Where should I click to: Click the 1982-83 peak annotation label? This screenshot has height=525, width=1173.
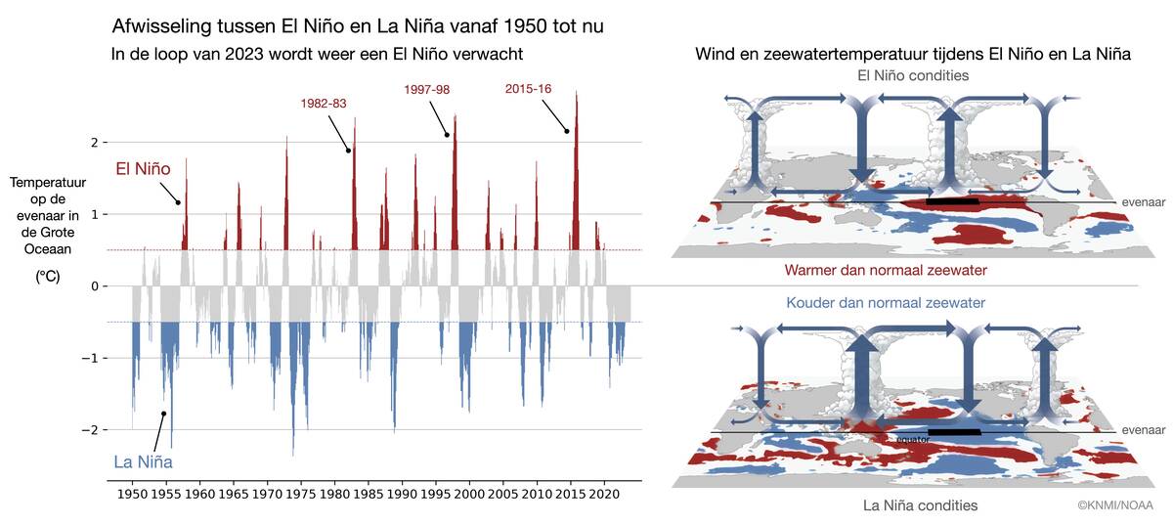[x=323, y=103]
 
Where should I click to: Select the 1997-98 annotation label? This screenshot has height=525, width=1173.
[x=426, y=90]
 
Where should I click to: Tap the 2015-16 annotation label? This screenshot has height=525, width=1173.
[x=528, y=89]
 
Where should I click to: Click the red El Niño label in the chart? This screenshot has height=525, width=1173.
[x=143, y=169]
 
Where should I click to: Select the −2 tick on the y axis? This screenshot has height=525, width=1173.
[x=93, y=430]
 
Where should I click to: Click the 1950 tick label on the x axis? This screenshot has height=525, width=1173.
[x=133, y=496]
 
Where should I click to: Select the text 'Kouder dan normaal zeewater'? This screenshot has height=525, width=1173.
[x=886, y=302]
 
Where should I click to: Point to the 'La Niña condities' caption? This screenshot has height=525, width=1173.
[x=920, y=505]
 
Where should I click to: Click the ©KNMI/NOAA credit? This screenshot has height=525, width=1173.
[x=1114, y=505]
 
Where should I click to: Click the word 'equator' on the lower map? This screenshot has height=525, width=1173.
[x=914, y=439]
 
